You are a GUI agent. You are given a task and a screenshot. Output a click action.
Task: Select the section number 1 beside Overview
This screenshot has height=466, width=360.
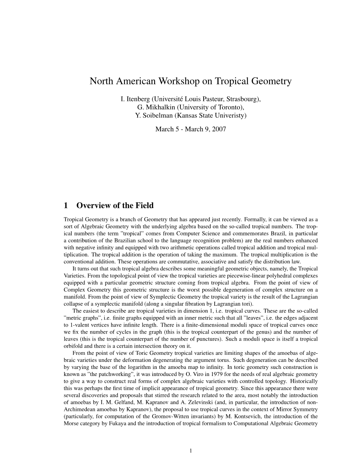coord(66,205)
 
